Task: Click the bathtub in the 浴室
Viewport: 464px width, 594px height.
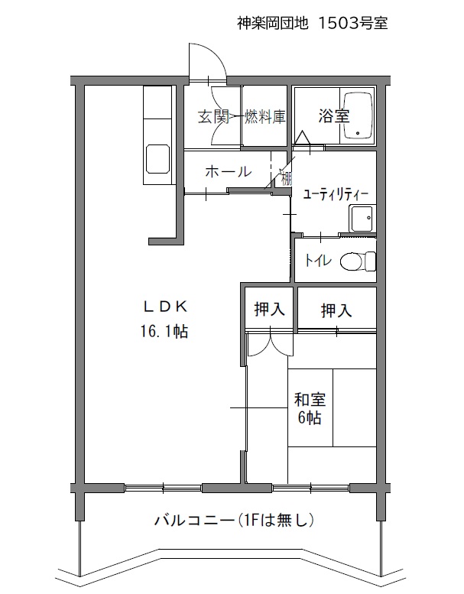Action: coord(358,116)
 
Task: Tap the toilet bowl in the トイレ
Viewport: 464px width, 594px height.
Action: coord(358,261)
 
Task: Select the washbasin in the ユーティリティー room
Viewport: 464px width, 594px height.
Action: coord(362,219)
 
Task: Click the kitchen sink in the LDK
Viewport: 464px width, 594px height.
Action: coord(157,159)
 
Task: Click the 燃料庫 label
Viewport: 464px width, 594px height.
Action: coord(264,116)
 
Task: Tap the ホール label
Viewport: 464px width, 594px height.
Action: coord(229,172)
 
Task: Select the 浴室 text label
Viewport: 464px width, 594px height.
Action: coord(333,116)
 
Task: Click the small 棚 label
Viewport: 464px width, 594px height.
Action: coord(287,179)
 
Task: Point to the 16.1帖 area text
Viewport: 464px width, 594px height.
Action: coord(165,332)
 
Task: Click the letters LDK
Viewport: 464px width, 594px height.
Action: coord(166,307)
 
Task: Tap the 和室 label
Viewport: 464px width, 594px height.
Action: coord(310,400)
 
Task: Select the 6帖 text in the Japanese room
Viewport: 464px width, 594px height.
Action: coord(310,417)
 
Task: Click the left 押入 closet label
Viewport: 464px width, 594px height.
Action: coord(269,309)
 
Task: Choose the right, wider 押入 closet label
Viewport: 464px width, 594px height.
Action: coord(336,310)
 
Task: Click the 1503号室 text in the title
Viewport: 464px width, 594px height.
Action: coord(352,23)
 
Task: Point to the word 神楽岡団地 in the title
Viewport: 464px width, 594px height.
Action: coord(273,23)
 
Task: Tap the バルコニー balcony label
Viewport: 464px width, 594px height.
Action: coord(194,520)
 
